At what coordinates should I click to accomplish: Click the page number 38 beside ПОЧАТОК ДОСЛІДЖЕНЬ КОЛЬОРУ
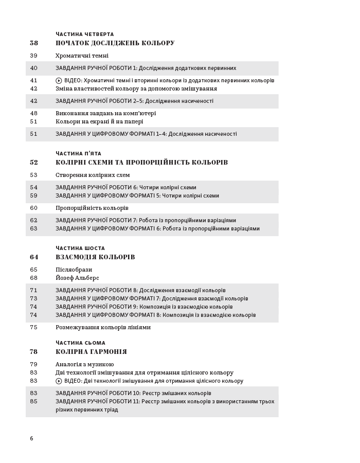34,43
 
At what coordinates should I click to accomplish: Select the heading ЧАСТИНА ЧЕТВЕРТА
85,34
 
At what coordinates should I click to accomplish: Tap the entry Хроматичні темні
82,56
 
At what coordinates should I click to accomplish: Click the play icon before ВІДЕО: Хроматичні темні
59,80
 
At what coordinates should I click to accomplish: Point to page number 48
34,113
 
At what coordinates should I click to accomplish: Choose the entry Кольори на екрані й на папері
99,121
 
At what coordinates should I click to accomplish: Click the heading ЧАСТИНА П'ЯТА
78,154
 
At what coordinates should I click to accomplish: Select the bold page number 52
34,163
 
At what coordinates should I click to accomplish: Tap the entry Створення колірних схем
93,175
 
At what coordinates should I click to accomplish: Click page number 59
34,195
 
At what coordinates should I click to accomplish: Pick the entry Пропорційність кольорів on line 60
92,208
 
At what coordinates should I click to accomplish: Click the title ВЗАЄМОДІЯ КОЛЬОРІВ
95,257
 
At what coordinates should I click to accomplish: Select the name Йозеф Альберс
77,278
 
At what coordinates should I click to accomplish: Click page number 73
34,298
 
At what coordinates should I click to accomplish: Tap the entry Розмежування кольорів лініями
103,327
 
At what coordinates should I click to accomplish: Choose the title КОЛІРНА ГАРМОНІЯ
91,352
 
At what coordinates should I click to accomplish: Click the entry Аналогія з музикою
85,364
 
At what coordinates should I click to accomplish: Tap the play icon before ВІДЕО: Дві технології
59,381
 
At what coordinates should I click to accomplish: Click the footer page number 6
31,438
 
